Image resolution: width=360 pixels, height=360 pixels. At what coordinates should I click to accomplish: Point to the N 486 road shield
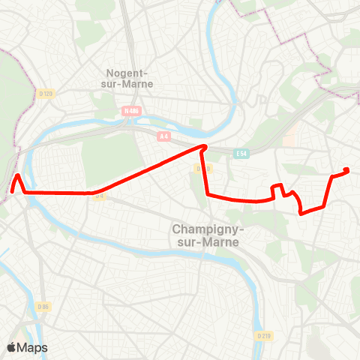pos(132,111)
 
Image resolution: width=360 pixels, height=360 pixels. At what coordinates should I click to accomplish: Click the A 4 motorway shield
pos(163,136)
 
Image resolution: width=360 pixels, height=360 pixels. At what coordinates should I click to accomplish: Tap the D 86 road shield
pos(43,306)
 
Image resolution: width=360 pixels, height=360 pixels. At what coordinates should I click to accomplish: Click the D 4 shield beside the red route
pos(98,195)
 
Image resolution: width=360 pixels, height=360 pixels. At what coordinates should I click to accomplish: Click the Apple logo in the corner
pos(13,347)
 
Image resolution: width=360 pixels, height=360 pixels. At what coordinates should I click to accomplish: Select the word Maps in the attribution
pos(33,347)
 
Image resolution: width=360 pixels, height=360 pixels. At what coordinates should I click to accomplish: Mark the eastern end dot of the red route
pos(346,170)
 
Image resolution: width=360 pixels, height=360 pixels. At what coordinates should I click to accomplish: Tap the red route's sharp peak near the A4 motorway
pos(203,146)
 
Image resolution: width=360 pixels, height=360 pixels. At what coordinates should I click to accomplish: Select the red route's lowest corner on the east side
pos(301,213)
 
